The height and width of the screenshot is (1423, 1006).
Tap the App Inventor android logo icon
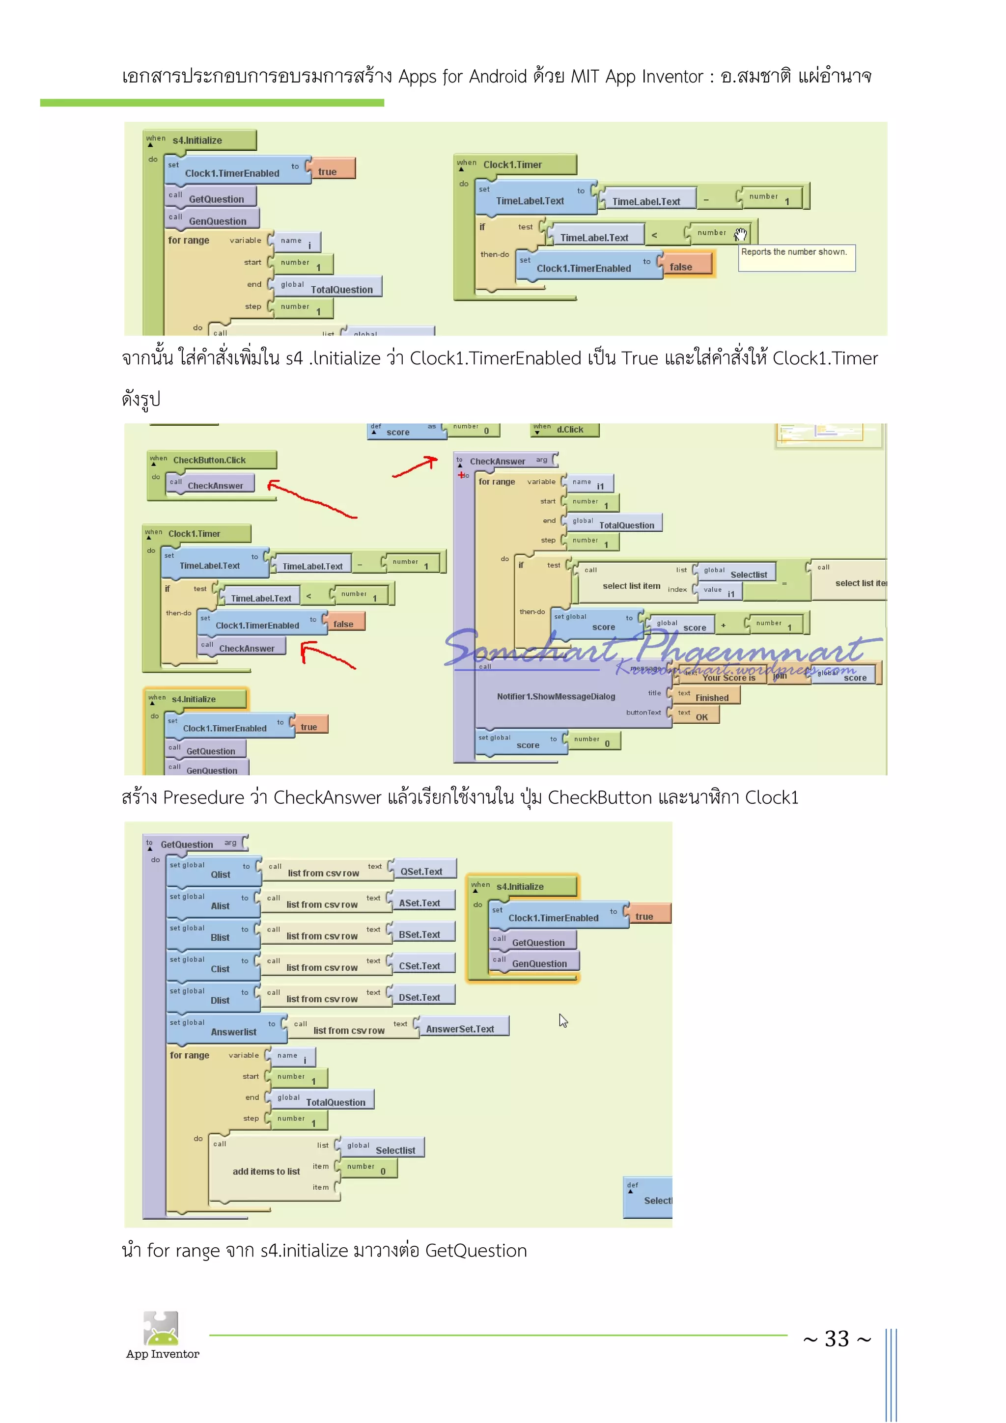161,1328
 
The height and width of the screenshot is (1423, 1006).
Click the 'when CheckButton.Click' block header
210,460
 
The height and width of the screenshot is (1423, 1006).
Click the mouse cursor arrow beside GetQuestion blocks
563,1020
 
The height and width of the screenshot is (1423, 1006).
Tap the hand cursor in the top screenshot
741,234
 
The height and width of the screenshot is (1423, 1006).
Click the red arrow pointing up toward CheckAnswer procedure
415,467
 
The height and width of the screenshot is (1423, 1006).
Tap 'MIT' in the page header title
584,77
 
